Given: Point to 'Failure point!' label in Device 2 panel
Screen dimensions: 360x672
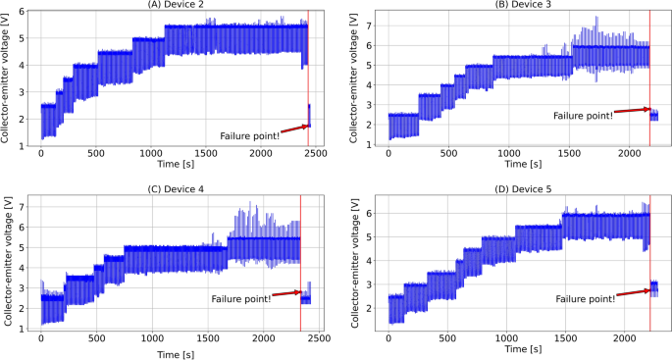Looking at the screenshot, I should click(x=250, y=133).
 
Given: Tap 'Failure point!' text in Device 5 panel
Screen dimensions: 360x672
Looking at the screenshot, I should click(x=586, y=298).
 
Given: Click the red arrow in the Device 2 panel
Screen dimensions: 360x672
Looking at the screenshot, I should click(x=294, y=128).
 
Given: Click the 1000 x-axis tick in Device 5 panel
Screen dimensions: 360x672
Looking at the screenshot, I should click(x=507, y=338).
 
